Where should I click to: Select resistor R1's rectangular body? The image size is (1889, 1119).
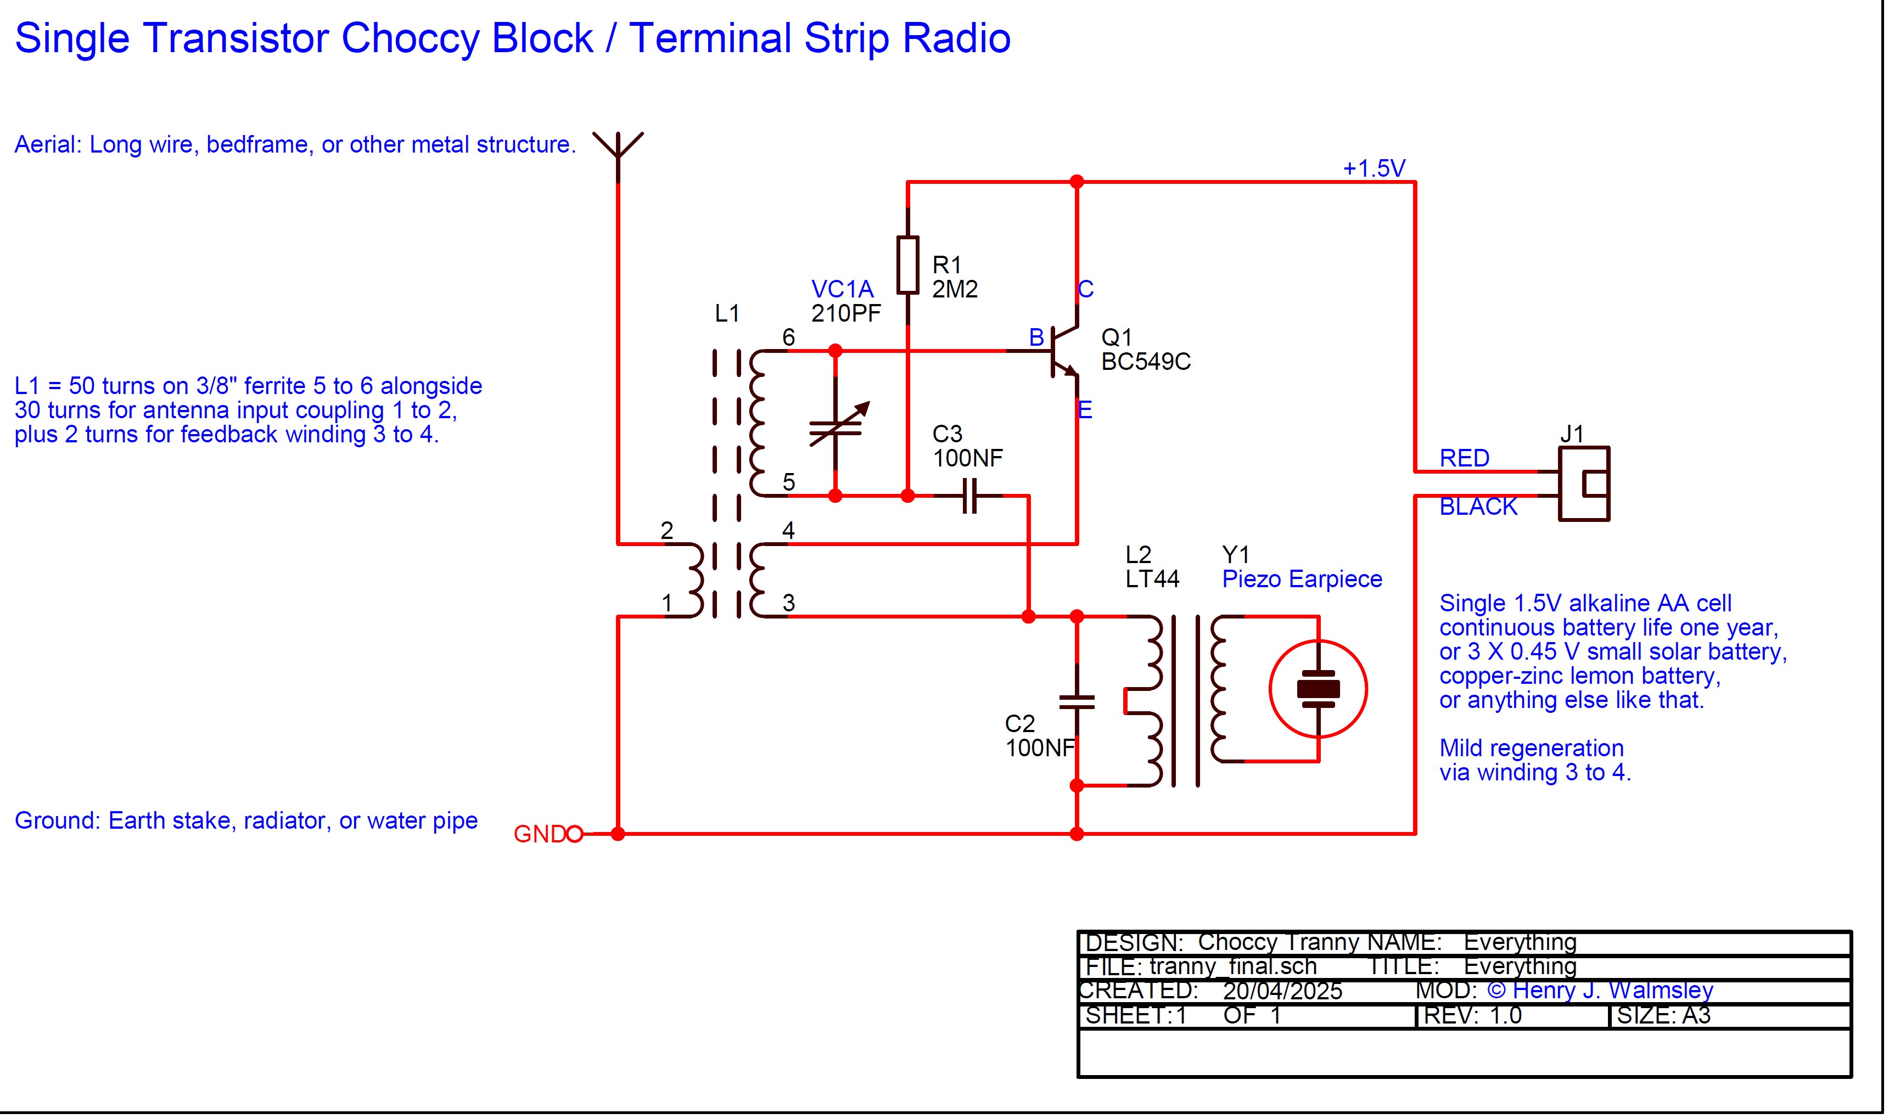[x=908, y=265]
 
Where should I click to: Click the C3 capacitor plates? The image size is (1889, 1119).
[x=970, y=496]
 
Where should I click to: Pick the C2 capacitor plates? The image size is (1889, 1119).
[x=1077, y=702]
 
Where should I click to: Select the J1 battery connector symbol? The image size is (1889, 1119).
[x=1584, y=484]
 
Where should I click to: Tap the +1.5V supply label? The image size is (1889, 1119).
[x=1374, y=168]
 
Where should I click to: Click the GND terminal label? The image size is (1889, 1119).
[x=539, y=834]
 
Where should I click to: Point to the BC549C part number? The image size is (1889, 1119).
[x=1146, y=363]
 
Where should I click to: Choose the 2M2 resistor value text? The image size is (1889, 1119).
[x=955, y=290]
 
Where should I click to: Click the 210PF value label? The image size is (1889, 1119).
[x=845, y=314]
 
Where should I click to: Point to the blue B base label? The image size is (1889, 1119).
[x=1037, y=338]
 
